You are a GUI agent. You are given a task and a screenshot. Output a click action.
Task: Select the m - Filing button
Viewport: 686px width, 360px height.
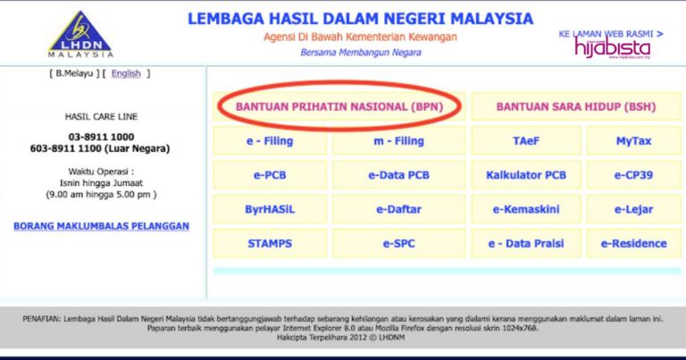coord(398,141)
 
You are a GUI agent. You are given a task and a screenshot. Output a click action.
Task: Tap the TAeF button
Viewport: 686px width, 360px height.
coord(525,141)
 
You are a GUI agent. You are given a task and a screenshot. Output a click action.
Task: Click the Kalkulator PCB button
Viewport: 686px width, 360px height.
coord(525,175)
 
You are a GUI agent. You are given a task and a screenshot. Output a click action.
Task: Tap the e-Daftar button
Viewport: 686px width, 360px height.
coord(398,209)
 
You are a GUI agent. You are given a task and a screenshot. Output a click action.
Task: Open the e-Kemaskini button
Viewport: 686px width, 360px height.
coord(525,209)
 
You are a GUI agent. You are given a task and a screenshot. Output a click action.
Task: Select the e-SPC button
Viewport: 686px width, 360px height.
coord(398,243)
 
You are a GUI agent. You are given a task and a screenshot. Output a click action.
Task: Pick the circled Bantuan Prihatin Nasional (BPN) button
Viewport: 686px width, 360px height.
coord(339,106)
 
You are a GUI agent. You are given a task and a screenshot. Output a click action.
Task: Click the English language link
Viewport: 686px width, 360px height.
coord(126,73)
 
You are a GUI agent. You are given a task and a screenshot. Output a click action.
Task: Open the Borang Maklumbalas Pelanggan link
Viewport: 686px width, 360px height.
coord(101,226)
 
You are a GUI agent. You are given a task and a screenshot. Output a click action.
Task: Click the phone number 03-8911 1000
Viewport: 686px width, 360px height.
coord(102,137)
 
